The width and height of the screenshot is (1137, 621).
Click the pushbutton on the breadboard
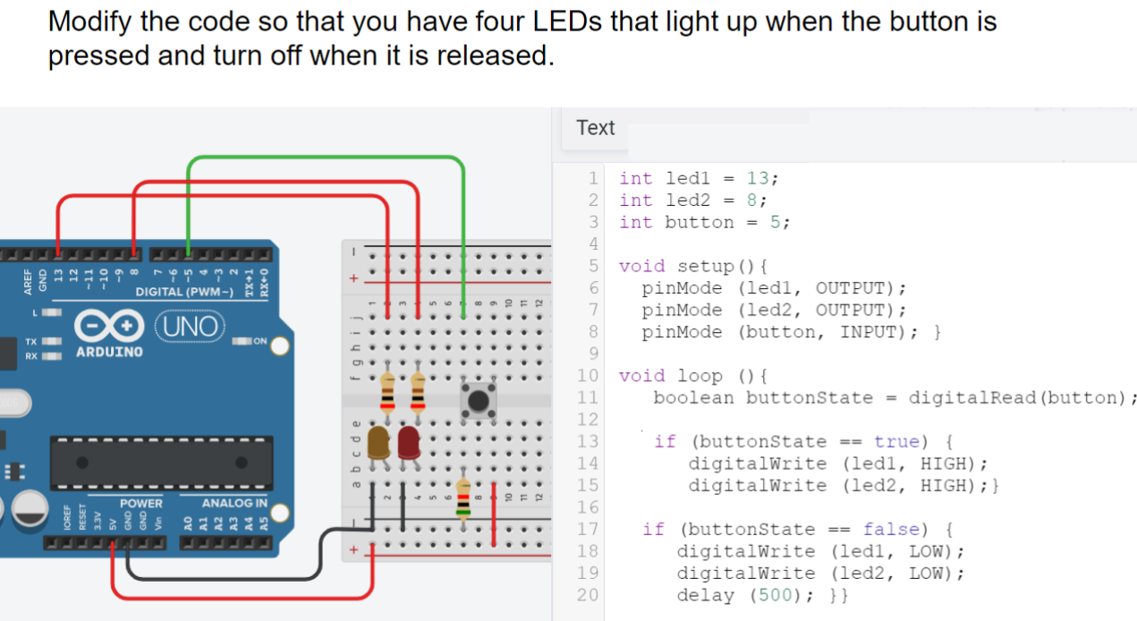click(479, 399)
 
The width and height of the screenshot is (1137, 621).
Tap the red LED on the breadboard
click(410, 442)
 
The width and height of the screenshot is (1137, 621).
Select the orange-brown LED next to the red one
click(378, 442)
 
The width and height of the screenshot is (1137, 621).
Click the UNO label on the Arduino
click(191, 327)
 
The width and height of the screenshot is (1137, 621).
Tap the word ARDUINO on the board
click(108, 352)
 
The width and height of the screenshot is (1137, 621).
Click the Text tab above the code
click(596, 128)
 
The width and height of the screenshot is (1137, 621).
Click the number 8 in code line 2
click(752, 200)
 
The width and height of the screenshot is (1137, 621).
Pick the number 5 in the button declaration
click(776, 222)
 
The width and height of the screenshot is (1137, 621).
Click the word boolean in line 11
click(693, 397)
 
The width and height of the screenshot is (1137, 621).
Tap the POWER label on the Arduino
click(141, 504)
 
